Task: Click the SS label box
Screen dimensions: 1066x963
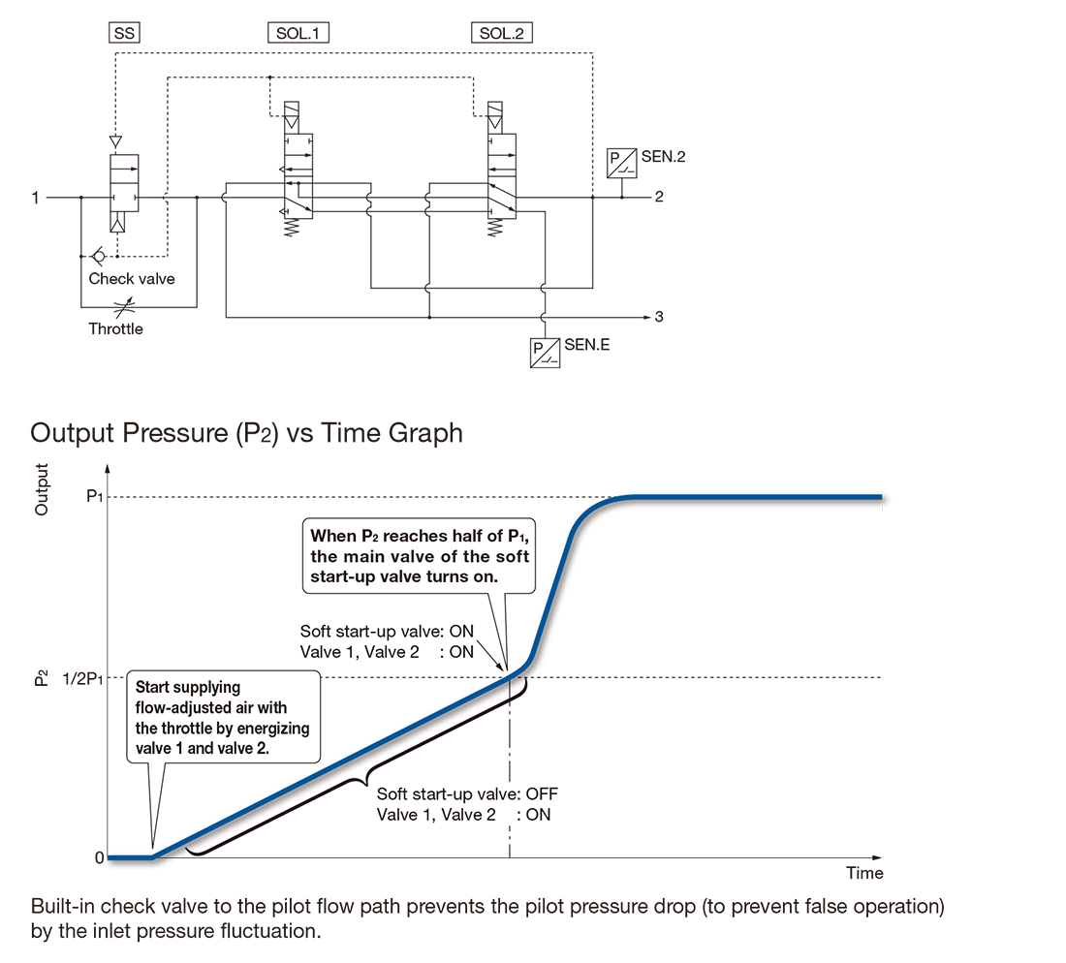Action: tap(124, 33)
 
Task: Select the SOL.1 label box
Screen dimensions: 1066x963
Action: tap(298, 33)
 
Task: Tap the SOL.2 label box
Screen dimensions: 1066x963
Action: tap(502, 33)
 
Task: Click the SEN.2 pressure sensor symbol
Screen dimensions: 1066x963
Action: tap(621, 163)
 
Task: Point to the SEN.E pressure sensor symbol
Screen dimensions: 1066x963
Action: tap(545, 353)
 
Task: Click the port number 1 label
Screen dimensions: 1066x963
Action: tap(35, 198)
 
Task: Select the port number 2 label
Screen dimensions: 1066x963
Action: tap(659, 197)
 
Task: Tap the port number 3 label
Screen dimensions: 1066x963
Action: tap(659, 317)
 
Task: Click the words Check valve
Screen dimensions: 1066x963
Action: tap(131, 279)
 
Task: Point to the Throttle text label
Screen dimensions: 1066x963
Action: tap(115, 329)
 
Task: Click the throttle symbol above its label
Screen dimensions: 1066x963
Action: tap(124, 307)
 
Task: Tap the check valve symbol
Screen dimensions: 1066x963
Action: tap(99, 256)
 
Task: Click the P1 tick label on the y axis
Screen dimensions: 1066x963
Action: tap(95, 497)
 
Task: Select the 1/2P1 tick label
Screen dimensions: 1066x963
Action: tap(83, 679)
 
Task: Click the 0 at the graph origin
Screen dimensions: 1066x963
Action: tap(99, 857)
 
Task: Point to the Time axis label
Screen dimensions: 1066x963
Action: tap(864, 873)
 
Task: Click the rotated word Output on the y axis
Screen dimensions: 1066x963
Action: tap(42, 489)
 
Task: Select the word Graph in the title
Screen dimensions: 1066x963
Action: tap(424, 433)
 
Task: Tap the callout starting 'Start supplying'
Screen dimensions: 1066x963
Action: tap(223, 717)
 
